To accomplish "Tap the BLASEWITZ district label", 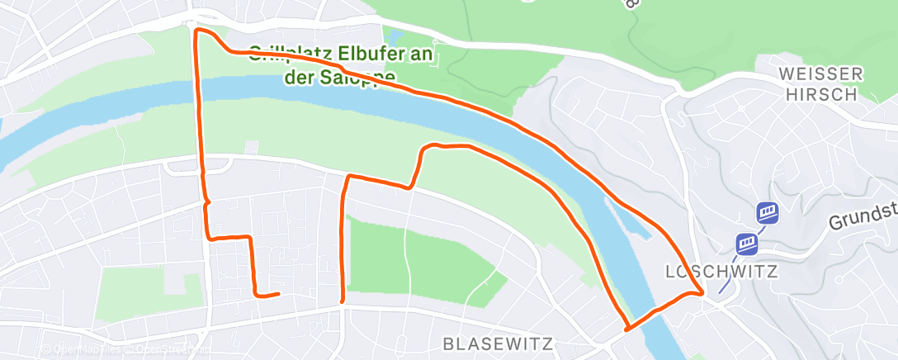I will (x=497, y=343).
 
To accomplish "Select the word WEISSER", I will (x=820, y=74).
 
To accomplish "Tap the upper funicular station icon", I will (x=768, y=213).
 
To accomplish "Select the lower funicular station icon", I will (x=749, y=244).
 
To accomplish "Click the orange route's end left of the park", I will (x=278, y=293).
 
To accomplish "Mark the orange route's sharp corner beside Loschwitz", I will (x=702, y=291).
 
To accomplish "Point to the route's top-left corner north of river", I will (x=196, y=31).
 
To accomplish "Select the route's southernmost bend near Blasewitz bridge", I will (x=628, y=329).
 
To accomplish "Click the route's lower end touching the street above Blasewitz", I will (x=342, y=302).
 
